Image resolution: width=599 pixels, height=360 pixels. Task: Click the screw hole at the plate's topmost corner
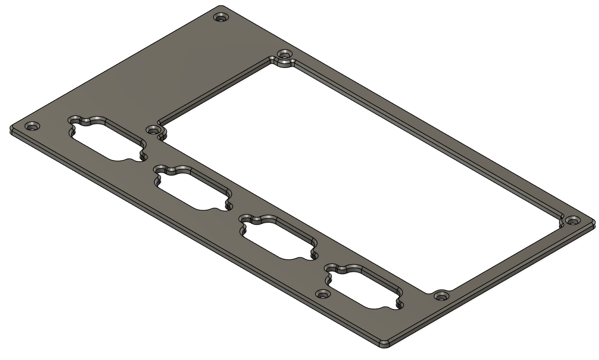221,18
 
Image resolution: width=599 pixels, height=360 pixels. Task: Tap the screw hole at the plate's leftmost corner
32,127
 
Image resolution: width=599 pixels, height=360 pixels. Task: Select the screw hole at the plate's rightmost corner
572,221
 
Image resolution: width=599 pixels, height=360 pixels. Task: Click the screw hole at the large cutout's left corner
153,130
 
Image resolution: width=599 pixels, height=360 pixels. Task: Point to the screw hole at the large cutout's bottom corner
439,295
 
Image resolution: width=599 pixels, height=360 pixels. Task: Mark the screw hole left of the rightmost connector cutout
321,293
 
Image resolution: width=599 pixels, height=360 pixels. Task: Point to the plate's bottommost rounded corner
384,344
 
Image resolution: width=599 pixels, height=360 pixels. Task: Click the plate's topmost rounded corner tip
221,7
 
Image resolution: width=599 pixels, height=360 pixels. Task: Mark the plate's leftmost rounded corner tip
11,129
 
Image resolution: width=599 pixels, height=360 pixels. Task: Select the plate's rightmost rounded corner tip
593,223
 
